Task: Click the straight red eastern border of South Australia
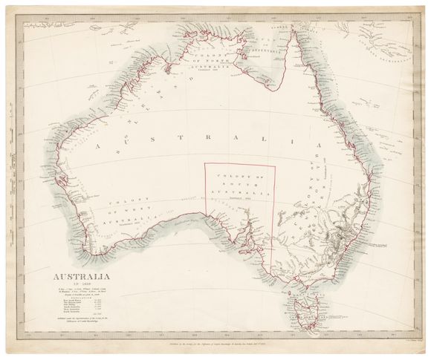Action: coord(275,215)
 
